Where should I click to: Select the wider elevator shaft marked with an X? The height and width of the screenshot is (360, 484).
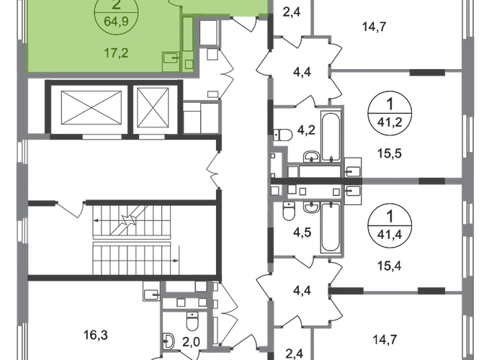[84, 110]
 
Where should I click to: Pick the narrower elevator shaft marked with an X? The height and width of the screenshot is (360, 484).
[154, 109]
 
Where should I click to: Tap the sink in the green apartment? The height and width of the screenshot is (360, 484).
[171, 57]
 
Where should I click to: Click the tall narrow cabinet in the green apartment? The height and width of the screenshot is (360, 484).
[187, 35]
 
